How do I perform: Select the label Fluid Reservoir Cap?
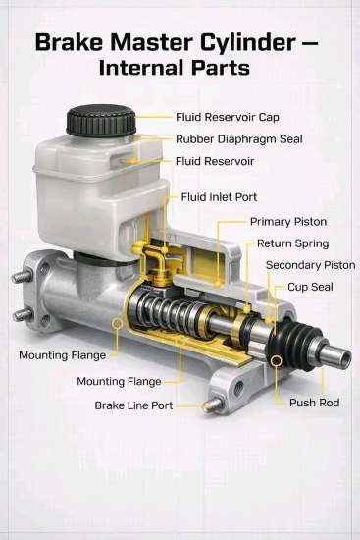(x=228, y=117)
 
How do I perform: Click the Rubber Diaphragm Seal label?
(x=238, y=139)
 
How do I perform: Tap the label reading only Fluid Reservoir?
(x=215, y=161)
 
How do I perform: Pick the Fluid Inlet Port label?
(x=219, y=197)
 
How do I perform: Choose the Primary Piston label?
(x=288, y=222)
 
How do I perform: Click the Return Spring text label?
(x=292, y=243)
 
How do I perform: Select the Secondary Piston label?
(x=310, y=265)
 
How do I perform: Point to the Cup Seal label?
(x=310, y=287)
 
